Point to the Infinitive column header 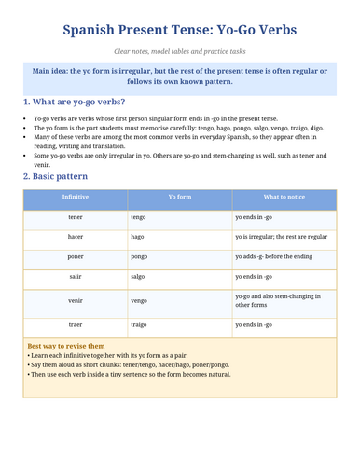(76, 199)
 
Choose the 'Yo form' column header (180, 199)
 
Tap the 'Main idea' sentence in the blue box (180, 75)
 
